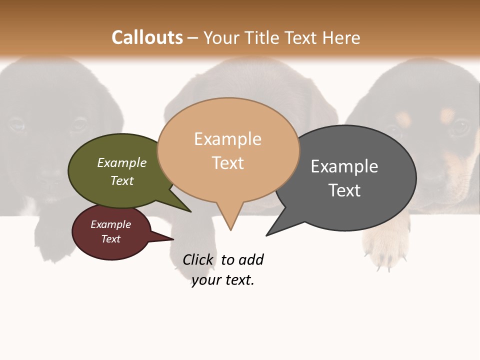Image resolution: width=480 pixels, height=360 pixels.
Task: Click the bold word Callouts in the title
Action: [147, 37]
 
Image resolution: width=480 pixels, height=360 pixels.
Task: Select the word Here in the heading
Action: [341, 37]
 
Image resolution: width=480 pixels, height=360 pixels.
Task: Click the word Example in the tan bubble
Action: [227, 139]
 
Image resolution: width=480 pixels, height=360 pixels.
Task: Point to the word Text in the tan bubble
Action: [228, 163]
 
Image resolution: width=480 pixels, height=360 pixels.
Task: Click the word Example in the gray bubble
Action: [344, 166]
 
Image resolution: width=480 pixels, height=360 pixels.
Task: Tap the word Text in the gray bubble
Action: [344, 190]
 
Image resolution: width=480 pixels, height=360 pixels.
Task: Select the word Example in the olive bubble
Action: [122, 163]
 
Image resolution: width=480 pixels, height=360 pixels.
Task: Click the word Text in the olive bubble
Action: [122, 180]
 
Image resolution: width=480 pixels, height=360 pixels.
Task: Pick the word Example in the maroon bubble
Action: [111, 224]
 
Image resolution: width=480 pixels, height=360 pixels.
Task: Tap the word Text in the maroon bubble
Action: [111, 239]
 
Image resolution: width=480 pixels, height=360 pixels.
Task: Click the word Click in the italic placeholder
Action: [198, 260]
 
